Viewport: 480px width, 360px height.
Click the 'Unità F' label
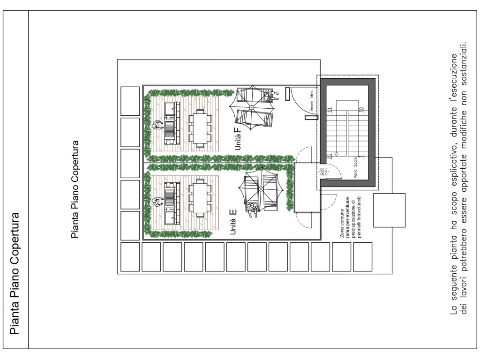(238, 138)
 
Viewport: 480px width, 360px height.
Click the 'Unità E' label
(233, 222)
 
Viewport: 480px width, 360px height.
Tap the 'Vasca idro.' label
(312, 101)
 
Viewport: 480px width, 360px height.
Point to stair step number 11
(330, 110)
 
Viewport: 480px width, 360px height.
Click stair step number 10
(361, 109)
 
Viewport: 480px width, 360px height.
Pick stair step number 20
(330, 156)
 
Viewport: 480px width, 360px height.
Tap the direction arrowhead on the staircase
(336, 154)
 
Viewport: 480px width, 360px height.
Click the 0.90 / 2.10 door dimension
(323, 172)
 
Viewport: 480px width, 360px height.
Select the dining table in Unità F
(200, 128)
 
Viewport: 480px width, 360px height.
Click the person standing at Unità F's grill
(158, 125)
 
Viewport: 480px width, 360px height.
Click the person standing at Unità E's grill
(158, 202)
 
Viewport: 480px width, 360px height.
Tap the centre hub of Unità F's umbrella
(252, 107)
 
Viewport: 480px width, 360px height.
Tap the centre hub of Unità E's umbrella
(261, 189)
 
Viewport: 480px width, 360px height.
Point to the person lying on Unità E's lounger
(253, 210)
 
